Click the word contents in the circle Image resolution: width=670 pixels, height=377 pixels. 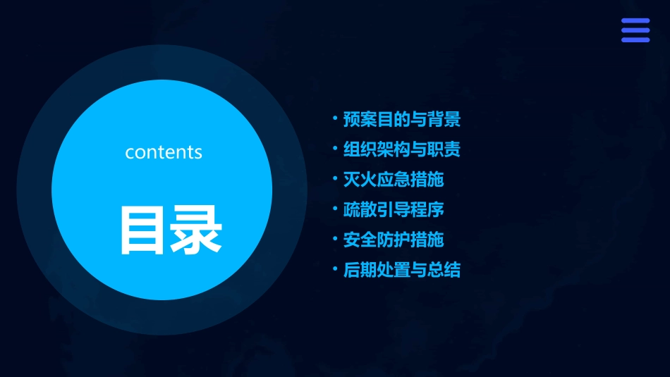[x=164, y=152]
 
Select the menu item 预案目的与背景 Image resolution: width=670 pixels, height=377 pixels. [x=401, y=119]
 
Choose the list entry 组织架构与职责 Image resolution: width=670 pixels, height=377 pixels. [x=401, y=149]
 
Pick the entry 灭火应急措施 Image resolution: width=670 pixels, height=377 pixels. [x=393, y=179]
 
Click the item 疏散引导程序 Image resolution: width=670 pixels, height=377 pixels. [x=393, y=209]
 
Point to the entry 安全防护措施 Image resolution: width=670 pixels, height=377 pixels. [x=393, y=240]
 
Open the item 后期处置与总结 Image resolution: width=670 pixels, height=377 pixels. [x=401, y=270]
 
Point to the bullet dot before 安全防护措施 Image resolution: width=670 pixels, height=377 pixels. [x=336, y=238]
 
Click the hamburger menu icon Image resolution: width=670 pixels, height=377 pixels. [x=635, y=30]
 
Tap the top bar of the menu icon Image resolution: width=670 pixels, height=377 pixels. [x=635, y=21]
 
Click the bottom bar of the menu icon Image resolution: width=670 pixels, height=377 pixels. [x=635, y=39]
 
